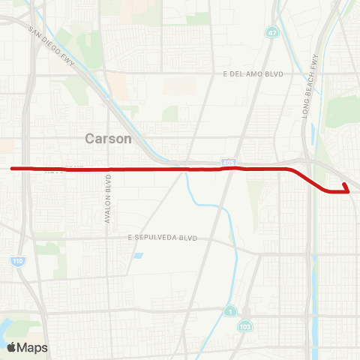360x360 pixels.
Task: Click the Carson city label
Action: (108, 139)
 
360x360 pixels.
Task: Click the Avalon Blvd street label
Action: (108, 196)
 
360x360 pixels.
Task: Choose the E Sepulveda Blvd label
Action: (162, 237)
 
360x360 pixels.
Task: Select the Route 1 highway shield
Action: (229, 310)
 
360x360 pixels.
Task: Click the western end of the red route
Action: (12, 169)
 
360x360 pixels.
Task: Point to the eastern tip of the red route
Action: (344, 184)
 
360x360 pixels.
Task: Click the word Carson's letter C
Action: (90, 139)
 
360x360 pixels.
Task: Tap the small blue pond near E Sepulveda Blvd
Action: (139, 256)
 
